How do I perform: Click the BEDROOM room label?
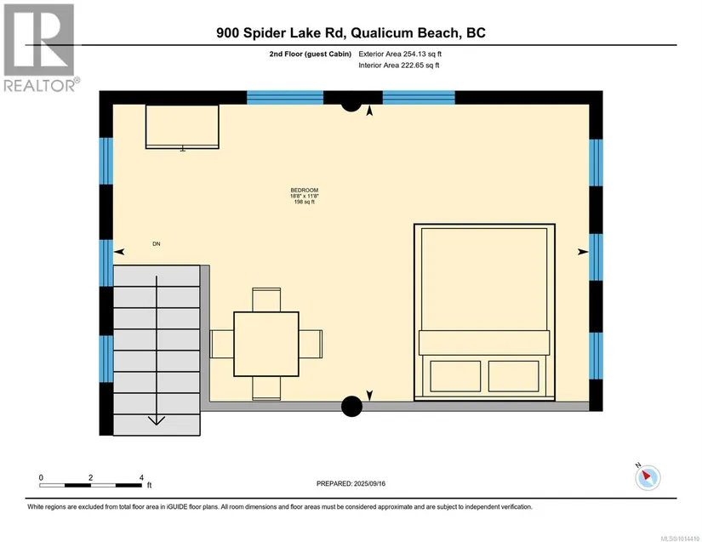point(305,191)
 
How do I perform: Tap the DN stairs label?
point(157,244)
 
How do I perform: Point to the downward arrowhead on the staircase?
point(157,420)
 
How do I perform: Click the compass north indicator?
point(648,477)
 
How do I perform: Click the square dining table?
point(266,344)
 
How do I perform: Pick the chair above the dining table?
point(266,300)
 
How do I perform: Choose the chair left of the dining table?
point(222,344)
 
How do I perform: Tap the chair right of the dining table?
point(311,344)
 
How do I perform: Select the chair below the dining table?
point(266,388)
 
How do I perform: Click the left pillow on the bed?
point(455,376)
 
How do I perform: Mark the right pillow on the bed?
point(513,376)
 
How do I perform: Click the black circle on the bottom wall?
point(352,407)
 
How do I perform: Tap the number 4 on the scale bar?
point(141,477)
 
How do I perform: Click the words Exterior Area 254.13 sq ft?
point(400,54)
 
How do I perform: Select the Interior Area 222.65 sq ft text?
point(399,66)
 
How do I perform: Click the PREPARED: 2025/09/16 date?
point(351,484)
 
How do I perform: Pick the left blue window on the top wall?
point(285,98)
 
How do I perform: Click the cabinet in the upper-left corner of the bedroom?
point(182,127)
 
